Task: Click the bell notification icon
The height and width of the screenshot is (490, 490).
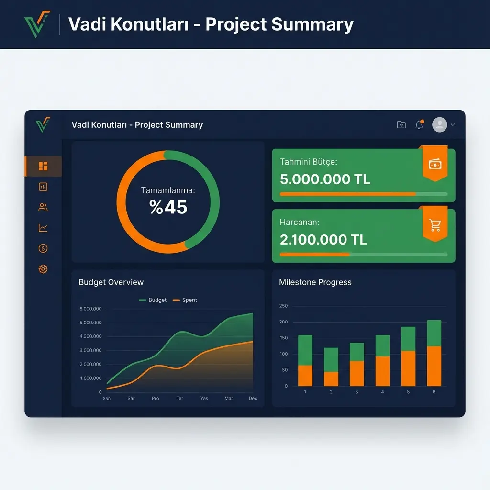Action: point(419,125)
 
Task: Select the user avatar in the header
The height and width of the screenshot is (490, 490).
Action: point(439,125)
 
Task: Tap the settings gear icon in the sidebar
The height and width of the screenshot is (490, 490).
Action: point(43,269)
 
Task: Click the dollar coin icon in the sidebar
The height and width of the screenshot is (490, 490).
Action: point(43,248)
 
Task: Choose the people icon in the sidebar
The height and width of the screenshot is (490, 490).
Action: point(43,207)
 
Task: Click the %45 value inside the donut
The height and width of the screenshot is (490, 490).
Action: point(168,207)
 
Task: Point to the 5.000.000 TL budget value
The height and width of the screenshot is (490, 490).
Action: point(325,179)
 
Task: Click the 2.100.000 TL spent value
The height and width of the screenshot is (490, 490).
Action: point(323,239)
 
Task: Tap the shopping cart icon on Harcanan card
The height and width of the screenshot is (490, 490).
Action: point(434,225)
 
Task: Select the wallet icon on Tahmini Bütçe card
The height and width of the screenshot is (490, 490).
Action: point(434,165)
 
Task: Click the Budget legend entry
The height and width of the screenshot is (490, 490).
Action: point(153,300)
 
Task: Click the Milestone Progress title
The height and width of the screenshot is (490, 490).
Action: point(315,282)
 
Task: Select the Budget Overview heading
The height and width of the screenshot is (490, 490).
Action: point(111,282)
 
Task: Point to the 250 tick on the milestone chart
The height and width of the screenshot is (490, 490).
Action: point(283,306)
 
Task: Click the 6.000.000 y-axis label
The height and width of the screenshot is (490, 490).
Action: point(90,309)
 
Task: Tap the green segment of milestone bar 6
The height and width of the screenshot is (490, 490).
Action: point(434,333)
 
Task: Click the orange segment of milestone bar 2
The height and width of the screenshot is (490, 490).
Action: point(331,379)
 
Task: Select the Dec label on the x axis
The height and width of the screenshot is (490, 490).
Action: point(253,398)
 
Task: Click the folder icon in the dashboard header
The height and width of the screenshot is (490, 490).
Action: point(401,125)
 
